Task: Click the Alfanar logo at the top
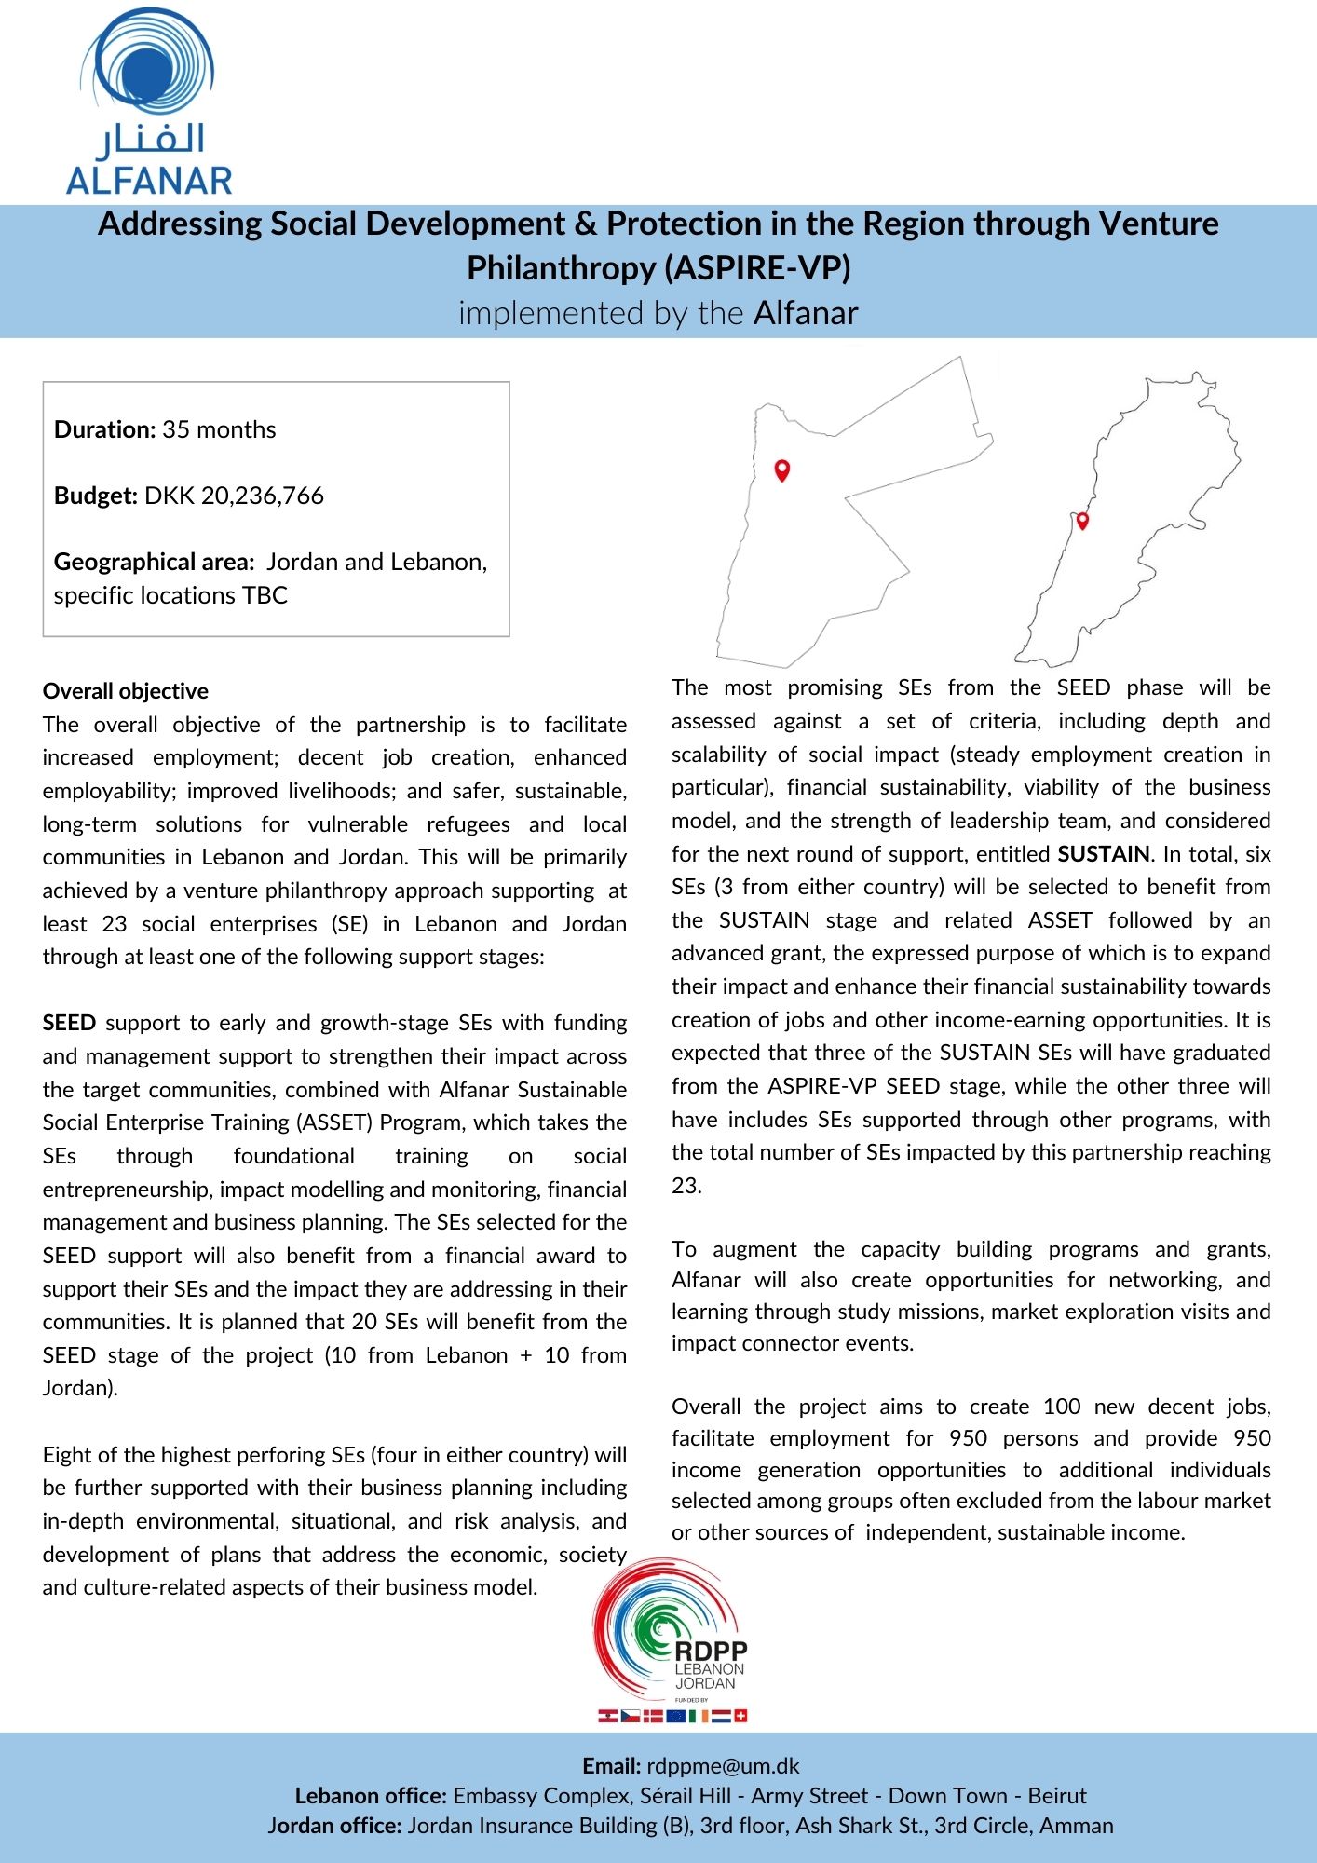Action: [149, 102]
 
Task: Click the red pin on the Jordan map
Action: [782, 469]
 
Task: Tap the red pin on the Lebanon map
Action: [1082, 521]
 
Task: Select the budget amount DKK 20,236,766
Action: [234, 496]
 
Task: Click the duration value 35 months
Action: [219, 429]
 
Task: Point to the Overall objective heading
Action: [126, 691]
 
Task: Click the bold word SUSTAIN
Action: [1104, 854]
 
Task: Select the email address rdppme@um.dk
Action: [723, 1766]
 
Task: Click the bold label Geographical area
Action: [154, 562]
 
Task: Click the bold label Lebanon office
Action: [372, 1796]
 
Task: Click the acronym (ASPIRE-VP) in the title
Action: [757, 268]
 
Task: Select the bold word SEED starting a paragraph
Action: [69, 1023]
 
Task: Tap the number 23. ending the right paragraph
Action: [686, 1186]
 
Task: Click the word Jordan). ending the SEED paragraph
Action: [80, 1388]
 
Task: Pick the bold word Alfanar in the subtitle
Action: [806, 313]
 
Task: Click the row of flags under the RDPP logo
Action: [672, 1716]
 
